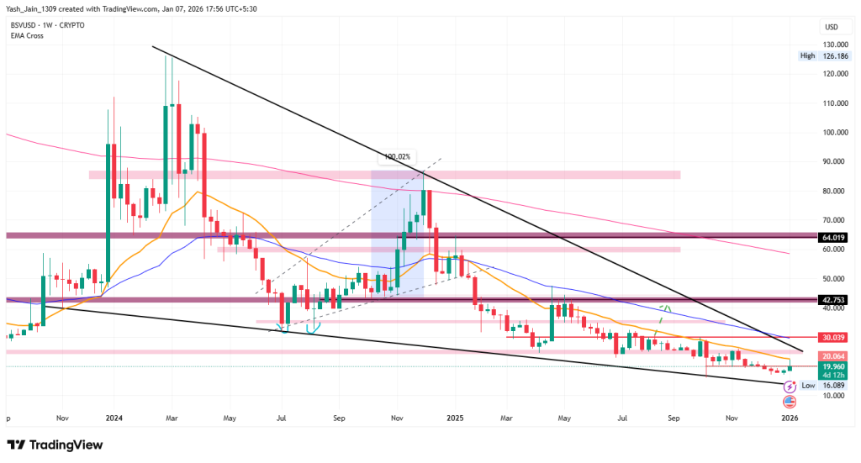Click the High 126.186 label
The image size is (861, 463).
coord(820,56)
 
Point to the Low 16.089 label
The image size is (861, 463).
coord(821,386)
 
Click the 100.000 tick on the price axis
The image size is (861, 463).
coord(833,133)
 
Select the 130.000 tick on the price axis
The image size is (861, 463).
coord(833,45)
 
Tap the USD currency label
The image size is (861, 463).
coord(832,28)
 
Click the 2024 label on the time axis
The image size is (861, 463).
coord(114,417)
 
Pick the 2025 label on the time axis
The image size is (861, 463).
coord(455,417)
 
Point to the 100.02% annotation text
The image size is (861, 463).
coord(397,157)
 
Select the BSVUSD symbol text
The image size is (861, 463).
coord(21,24)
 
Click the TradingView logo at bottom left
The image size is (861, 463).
coord(55,445)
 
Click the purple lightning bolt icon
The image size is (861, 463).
coord(790,387)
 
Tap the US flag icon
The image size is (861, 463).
coord(790,401)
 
